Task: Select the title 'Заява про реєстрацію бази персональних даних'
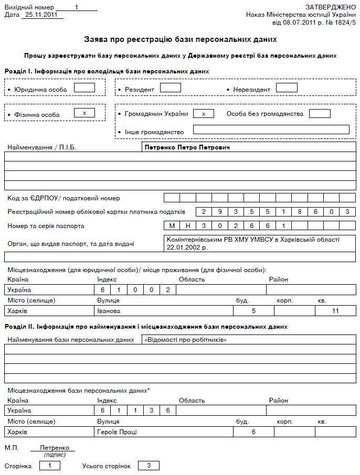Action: (180, 39)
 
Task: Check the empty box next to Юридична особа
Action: (84, 88)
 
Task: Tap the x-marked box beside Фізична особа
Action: (84, 113)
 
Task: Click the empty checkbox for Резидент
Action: (170, 88)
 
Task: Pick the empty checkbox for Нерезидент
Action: (287, 88)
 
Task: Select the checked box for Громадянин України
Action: (204, 113)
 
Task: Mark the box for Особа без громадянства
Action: (320, 113)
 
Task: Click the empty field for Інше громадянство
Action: (271, 129)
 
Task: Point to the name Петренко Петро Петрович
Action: (187, 147)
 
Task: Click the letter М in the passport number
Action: (172, 226)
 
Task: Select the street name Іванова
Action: (109, 311)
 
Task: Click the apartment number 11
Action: (336, 311)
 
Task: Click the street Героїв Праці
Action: (116, 431)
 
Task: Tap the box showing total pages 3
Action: (149, 466)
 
